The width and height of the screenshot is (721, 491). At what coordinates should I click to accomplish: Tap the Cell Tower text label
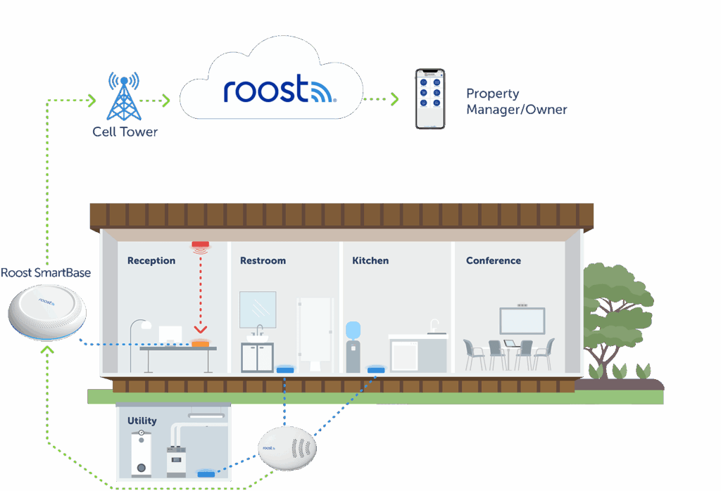click(x=125, y=132)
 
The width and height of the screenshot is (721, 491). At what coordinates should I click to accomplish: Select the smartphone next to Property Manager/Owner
click(x=430, y=98)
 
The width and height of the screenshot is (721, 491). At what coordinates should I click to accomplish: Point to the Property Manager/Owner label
click(x=516, y=101)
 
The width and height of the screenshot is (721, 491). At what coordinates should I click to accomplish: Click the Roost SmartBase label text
click(x=46, y=272)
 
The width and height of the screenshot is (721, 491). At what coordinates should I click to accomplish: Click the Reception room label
click(x=151, y=261)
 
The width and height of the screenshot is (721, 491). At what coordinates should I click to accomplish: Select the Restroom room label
click(x=263, y=261)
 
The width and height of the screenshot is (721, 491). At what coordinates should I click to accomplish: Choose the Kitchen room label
click(x=370, y=261)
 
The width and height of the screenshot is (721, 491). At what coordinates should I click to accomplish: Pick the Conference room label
click(x=494, y=261)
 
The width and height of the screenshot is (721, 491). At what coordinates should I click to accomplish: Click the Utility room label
click(x=142, y=421)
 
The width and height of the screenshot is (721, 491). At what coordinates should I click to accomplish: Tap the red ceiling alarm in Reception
click(x=201, y=246)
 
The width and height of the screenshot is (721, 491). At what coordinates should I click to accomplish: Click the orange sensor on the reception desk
click(x=201, y=343)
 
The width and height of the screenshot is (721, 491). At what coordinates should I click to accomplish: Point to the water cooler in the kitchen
click(x=353, y=345)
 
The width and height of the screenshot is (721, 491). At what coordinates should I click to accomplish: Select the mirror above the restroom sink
click(x=258, y=309)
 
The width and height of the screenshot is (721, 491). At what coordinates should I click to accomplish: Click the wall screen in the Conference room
click(x=522, y=321)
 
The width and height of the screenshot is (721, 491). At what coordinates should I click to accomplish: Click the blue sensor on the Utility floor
click(x=207, y=473)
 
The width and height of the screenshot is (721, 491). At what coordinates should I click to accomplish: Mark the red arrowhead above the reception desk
click(x=201, y=329)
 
